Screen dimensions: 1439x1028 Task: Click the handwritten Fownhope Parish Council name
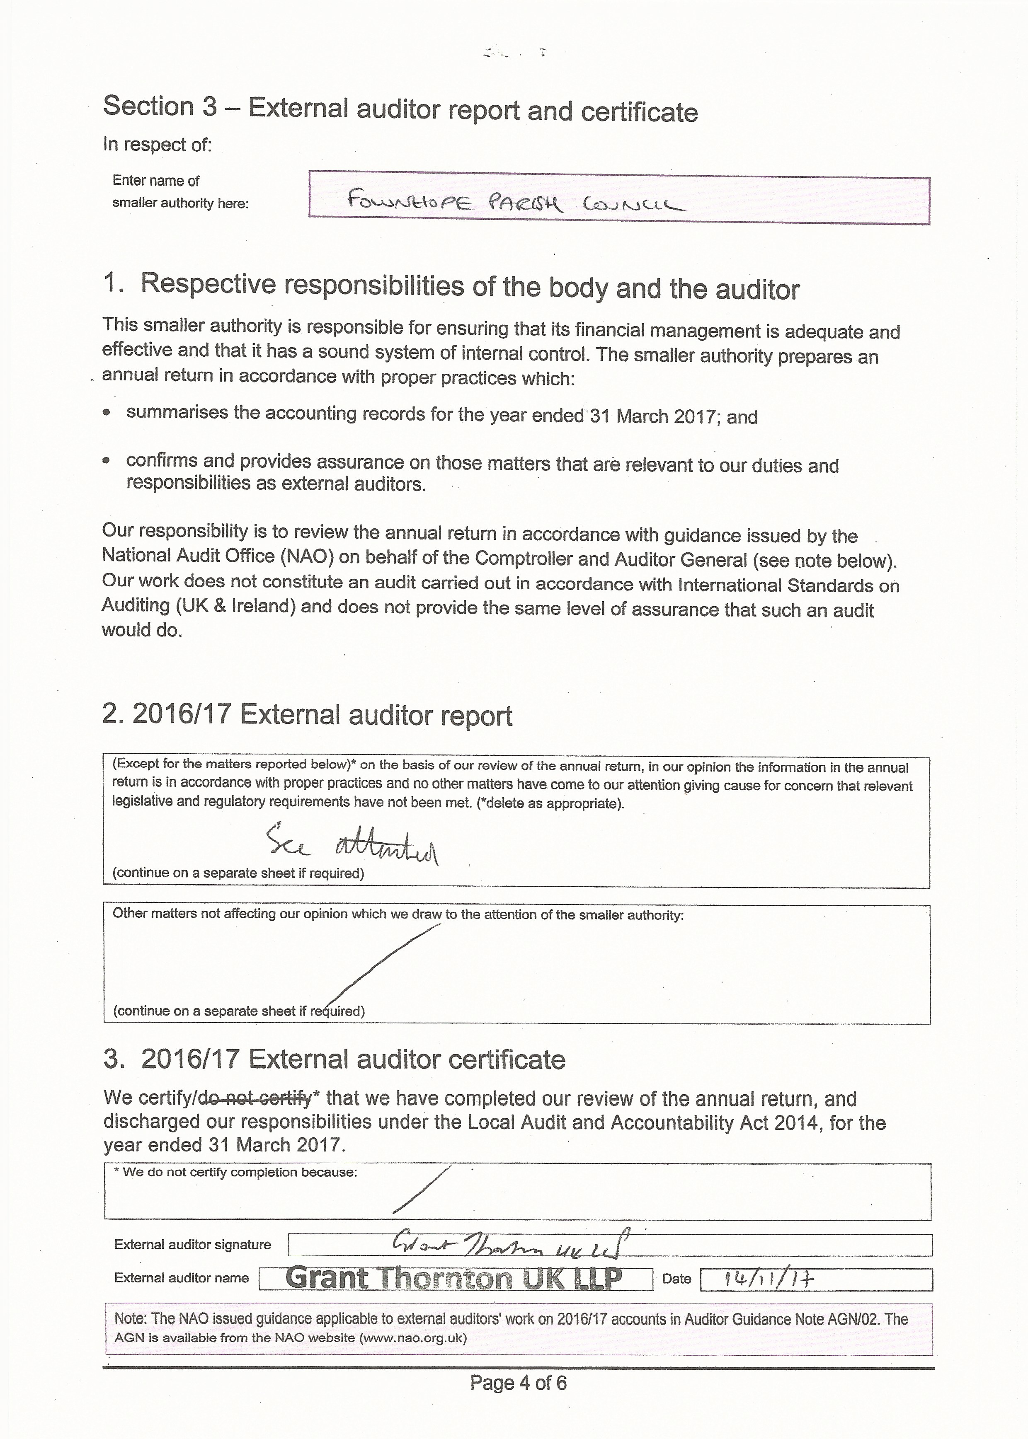pyautogui.click(x=516, y=203)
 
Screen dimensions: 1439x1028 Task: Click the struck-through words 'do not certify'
pyautogui.click(x=255, y=1098)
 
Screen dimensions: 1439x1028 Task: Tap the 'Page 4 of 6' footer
pyautogui.click(x=518, y=1383)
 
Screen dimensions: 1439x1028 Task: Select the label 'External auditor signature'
pyautogui.click(x=192, y=1244)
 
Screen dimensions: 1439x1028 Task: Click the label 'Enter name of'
pyautogui.click(x=156, y=180)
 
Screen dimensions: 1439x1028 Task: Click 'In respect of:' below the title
pyautogui.click(x=158, y=145)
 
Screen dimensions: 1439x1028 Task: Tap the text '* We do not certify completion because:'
pyautogui.click(x=235, y=1172)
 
